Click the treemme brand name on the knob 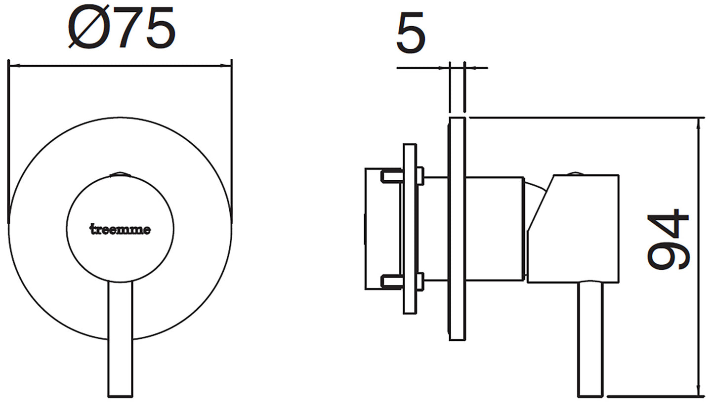pos(120,230)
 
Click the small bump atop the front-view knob pos(120,174)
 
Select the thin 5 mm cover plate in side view pos(457,229)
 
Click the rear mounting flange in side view pos(410,229)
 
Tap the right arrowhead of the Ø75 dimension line pos(228,65)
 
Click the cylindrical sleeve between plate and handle pos(494,229)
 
